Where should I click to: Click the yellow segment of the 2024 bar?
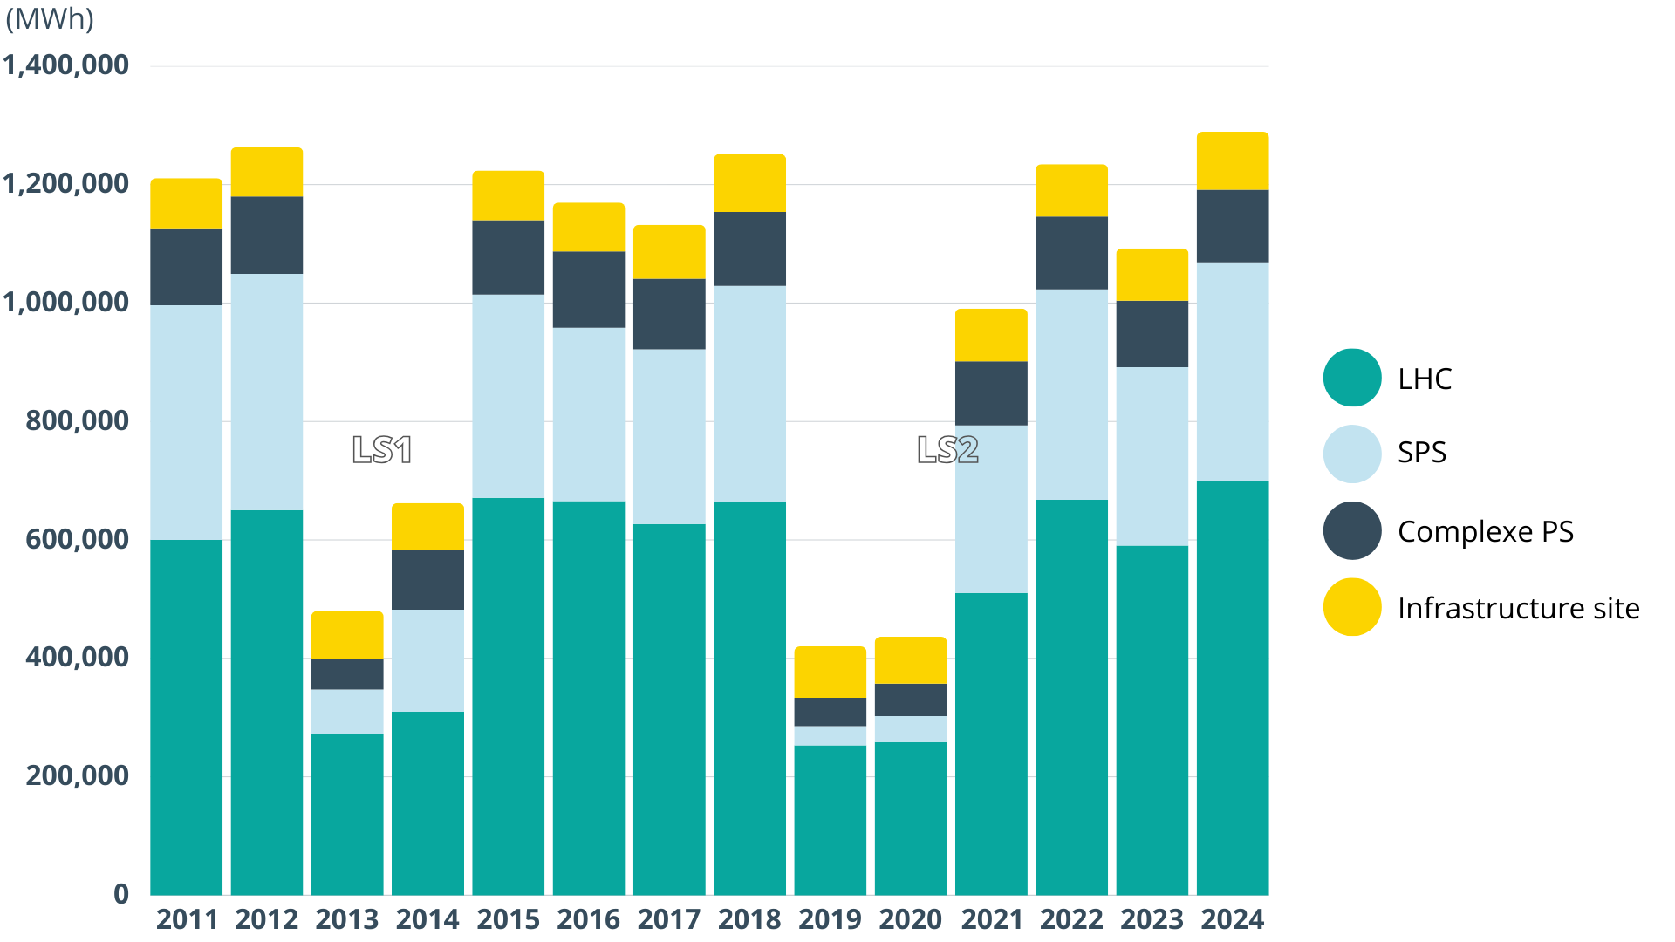point(1232,161)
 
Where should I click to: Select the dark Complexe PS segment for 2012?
point(267,235)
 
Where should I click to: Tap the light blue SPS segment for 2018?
point(749,394)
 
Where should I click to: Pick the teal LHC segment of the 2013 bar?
point(347,814)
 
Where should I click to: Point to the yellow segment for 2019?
point(830,672)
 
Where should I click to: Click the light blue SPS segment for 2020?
point(910,729)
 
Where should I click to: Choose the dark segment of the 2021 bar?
point(991,393)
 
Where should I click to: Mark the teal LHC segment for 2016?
point(589,698)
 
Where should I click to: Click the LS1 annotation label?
point(381,450)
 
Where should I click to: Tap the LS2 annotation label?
point(947,450)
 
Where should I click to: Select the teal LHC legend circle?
point(1352,378)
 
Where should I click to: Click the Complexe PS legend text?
point(1485,531)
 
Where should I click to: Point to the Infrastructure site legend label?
point(1518,608)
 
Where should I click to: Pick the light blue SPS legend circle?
point(1352,454)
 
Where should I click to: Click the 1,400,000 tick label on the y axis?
point(66,65)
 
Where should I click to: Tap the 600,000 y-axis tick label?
point(77,539)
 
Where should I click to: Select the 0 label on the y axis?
point(121,894)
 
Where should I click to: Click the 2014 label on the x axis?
point(427,919)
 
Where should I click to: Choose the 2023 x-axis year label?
point(1152,919)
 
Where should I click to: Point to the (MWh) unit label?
point(50,18)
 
